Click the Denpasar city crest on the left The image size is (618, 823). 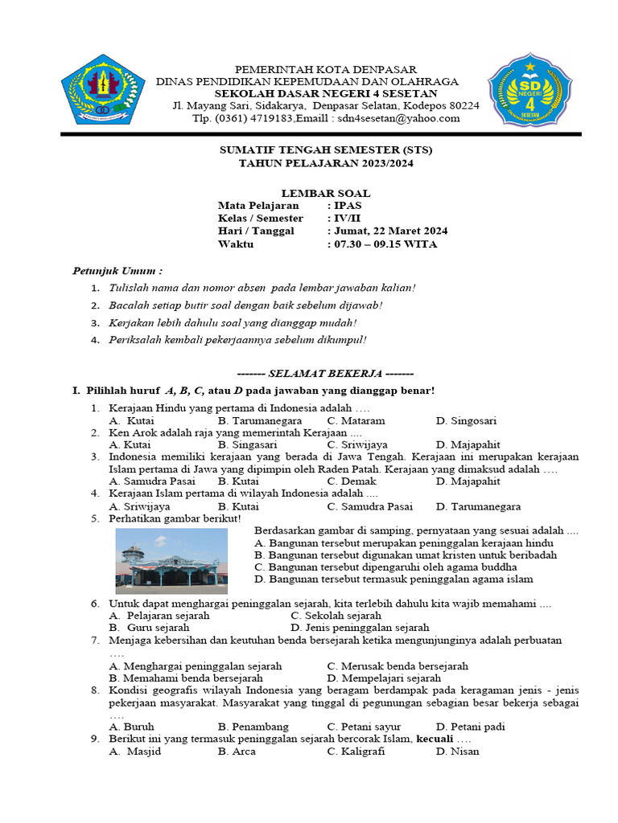(104, 88)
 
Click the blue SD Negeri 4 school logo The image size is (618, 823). (525, 88)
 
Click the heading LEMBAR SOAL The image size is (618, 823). (325, 193)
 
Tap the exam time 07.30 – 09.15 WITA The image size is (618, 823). (385, 244)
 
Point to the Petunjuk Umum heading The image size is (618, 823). (117, 272)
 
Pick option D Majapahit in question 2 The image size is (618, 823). (468, 444)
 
